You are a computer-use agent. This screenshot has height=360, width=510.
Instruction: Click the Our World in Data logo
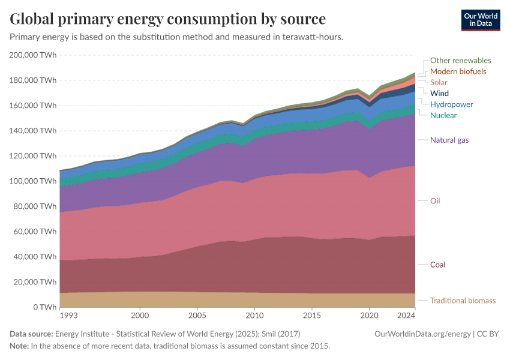pos(480,20)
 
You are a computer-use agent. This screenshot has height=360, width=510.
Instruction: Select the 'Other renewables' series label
pos(460,61)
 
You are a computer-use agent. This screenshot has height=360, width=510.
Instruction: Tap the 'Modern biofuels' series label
pos(458,71)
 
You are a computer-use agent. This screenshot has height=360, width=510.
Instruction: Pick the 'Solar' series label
pos(439,82)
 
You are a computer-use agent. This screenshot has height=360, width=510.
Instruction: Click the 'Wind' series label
pos(439,94)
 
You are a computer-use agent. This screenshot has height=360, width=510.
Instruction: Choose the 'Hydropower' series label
pos(451,104)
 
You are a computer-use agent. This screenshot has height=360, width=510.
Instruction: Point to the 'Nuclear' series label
pos(443,115)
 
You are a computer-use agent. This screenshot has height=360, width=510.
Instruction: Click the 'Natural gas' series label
pos(449,140)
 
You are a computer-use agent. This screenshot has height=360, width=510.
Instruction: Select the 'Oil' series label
pos(435,200)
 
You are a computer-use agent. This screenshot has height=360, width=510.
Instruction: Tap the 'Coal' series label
pos(437,265)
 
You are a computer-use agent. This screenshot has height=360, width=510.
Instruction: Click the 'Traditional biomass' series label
pos(463,301)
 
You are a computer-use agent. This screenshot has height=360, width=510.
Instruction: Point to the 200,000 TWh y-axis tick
pos(33,55)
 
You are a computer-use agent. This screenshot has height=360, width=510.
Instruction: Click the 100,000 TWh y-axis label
pos(33,181)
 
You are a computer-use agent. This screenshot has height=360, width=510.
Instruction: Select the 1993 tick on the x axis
pos(68,315)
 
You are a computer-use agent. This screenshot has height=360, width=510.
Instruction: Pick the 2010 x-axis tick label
pos(254,315)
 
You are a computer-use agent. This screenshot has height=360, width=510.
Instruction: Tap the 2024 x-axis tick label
pos(406,315)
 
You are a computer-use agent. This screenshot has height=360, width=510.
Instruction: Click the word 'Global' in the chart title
pos(35,19)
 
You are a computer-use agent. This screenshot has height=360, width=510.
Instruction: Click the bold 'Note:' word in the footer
pos(20,346)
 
